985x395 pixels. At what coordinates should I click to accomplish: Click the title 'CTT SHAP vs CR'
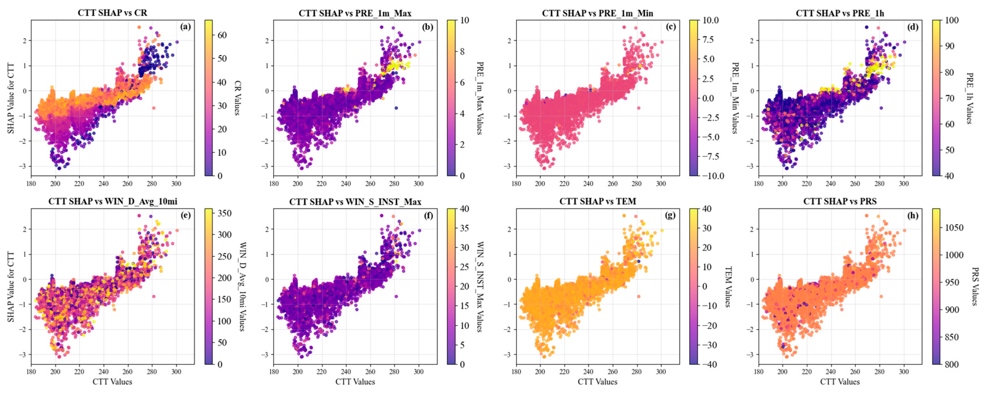point(112,13)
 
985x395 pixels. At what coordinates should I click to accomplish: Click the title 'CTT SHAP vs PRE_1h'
point(840,13)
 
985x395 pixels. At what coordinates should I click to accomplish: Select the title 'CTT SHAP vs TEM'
point(597,201)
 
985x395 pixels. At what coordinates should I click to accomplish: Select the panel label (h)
point(912,215)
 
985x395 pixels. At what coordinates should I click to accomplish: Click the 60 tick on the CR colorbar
point(222,35)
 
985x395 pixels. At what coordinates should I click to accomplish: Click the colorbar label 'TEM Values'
point(728,287)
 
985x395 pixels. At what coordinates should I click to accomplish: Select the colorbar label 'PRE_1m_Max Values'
point(480,98)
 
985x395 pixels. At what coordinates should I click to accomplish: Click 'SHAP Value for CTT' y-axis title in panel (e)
point(11,287)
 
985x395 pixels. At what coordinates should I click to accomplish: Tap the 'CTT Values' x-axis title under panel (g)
point(597,382)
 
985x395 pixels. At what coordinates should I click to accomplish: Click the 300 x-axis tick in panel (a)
point(176,183)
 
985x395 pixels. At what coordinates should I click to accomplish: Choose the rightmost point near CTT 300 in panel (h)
point(904,230)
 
